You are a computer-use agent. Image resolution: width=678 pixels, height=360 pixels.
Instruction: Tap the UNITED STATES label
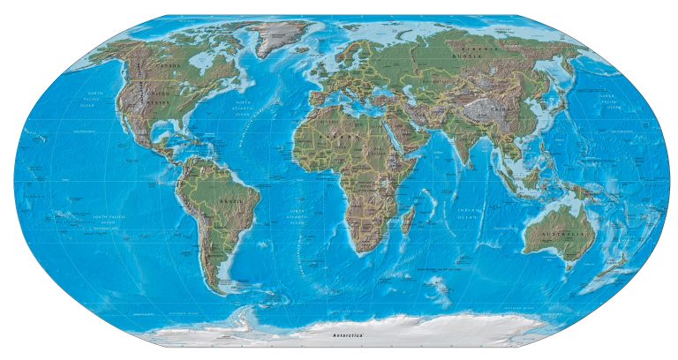pyautogui.click(x=159, y=94)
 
